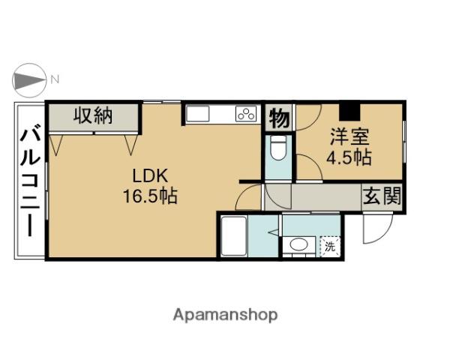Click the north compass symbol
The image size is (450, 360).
pos(28,80)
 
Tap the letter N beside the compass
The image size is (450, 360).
pos(55,79)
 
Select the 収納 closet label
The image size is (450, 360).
pos(93,115)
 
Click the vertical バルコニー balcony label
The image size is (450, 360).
pos(30,180)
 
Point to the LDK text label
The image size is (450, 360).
pos(150,175)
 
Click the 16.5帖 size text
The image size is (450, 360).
pos(150,196)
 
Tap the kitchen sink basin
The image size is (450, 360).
pos(198,114)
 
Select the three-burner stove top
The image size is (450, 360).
pos(246,113)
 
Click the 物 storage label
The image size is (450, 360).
pos(279,118)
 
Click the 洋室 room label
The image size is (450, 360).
pos(349,137)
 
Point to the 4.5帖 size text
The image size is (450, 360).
pos(349,157)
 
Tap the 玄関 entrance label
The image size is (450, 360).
pos(382,196)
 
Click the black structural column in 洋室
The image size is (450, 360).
pos(349,112)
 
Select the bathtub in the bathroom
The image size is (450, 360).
pos(234,236)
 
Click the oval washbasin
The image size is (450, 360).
pos(298,244)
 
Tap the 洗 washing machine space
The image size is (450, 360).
pos(330,247)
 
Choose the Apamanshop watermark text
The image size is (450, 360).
pos(225,316)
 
